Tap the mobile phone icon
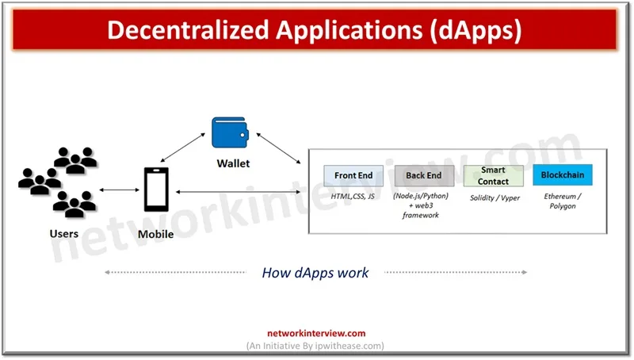155,190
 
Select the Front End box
353,175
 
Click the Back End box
424,175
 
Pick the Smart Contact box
493,175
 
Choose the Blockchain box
562,175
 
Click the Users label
64,233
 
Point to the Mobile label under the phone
155,234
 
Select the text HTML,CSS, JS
353,197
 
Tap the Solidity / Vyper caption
495,197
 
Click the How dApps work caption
315,273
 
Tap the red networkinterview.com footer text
316,334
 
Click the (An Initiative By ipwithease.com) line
316,346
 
